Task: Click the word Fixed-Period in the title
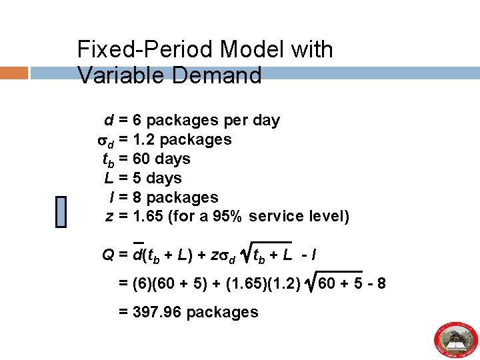[x=145, y=50]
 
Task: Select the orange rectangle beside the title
[x=14, y=73]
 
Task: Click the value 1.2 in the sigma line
[x=144, y=139]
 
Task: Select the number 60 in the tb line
[x=141, y=159]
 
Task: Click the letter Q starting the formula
[x=107, y=255]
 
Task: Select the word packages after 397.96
[x=223, y=312]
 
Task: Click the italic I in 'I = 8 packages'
[x=111, y=197]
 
